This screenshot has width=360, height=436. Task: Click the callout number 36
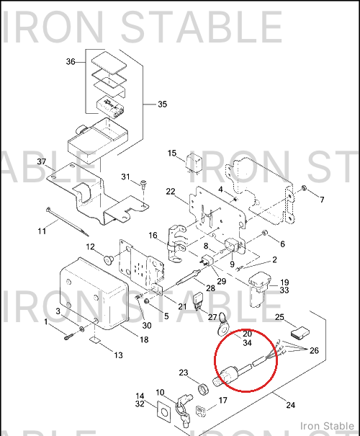pyautogui.click(x=71, y=61)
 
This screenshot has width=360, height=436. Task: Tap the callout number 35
pyautogui.click(x=163, y=104)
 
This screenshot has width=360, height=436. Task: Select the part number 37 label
pyautogui.click(x=42, y=161)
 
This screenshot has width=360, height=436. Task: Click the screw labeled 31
pyautogui.click(x=144, y=184)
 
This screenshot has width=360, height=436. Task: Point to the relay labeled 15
pyautogui.click(x=194, y=163)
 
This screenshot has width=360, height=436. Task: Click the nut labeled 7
pyautogui.click(x=304, y=187)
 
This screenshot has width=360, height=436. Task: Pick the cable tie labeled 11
pyautogui.click(x=67, y=222)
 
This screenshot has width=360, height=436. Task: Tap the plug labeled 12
pyautogui.click(x=108, y=259)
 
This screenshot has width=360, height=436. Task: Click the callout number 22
pyautogui.click(x=171, y=192)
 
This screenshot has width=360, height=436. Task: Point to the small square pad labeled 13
pyautogui.click(x=94, y=340)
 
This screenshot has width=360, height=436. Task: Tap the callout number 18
pyautogui.click(x=144, y=339)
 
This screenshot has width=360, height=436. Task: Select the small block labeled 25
pyautogui.click(x=300, y=333)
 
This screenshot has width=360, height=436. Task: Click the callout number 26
pyautogui.click(x=314, y=350)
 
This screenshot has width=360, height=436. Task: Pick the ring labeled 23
pyautogui.click(x=203, y=388)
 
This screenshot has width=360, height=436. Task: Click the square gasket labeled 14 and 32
pyautogui.click(x=164, y=411)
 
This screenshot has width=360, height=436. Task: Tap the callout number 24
pyautogui.click(x=291, y=405)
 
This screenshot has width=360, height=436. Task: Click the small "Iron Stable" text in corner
pyautogui.click(x=327, y=426)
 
